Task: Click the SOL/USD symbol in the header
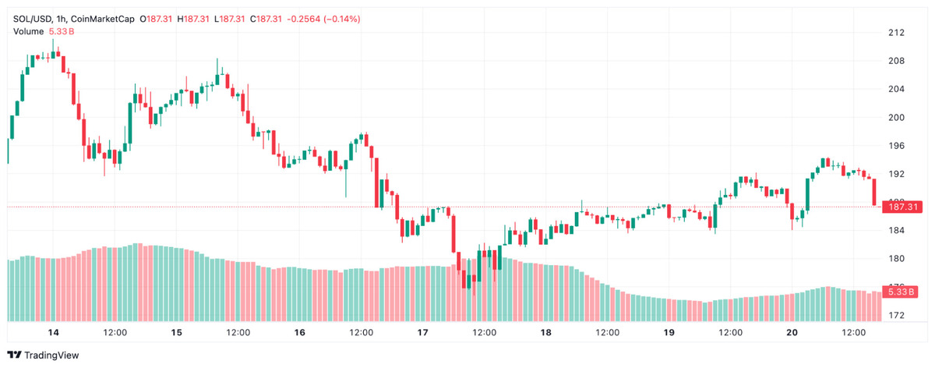coord(32,18)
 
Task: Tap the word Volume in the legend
coord(29,31)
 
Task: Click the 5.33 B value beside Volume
coord(62,31)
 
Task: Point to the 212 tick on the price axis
coord(895,33)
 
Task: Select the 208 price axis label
coord(895,61)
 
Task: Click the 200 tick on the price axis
coord(895,118)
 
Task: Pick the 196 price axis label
coord(895,146)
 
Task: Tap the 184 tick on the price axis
coord(895,231)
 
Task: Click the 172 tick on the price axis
coord(895,316)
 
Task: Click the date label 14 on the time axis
coord(53,333)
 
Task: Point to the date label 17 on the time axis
coord(423,333)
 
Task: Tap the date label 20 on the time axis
coord(792,333)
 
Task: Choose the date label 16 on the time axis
coord(300,333)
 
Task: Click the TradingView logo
coord(45,356)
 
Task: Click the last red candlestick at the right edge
coord(875,192)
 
